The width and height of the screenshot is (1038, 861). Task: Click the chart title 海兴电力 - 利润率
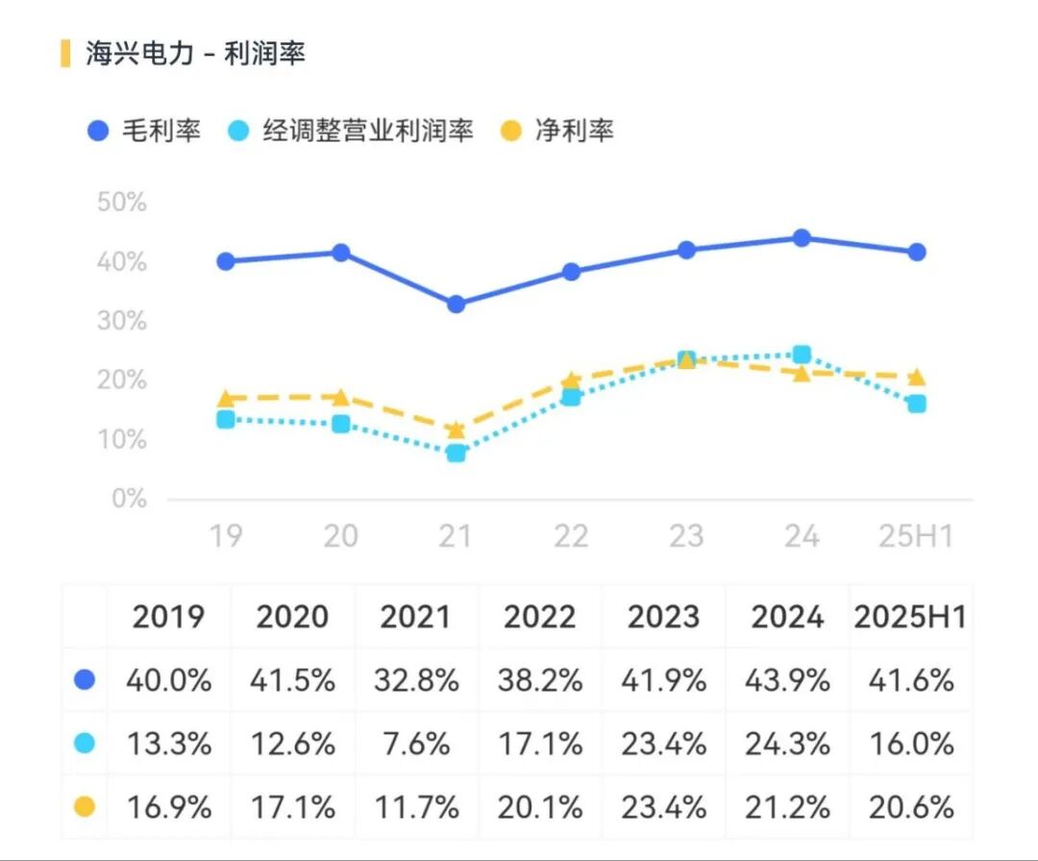point(195,54)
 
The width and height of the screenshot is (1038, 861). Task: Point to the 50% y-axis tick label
point(122,203)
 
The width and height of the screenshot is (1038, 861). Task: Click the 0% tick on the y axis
point(129,499)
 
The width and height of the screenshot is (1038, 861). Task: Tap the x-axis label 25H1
point(916,536)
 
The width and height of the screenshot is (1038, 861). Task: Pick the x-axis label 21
point(456,536)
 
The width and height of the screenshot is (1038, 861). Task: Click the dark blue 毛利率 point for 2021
point(456,304)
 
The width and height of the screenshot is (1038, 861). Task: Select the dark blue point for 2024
point(802,238)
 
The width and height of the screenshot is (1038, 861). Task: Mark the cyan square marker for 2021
point(456,453)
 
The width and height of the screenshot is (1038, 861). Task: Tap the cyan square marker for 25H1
point(917,404)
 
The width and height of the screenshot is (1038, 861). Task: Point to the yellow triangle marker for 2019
point(226,398)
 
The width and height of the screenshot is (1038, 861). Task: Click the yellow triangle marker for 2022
point(571,381)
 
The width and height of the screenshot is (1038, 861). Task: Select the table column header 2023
point(664,617)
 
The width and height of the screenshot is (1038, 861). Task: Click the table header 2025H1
point(910,617)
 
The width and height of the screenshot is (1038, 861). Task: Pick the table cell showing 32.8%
point(416,680)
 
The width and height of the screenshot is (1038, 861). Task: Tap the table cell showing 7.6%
point(416,744)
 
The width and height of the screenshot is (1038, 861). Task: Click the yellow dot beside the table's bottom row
point(85,806)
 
